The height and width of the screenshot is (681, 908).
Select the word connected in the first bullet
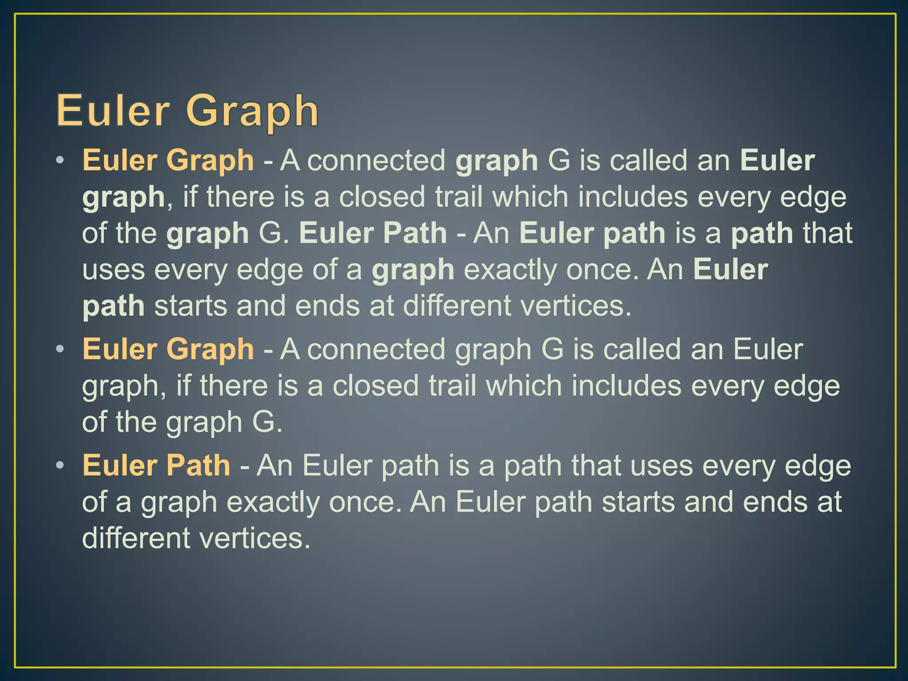(x=376, y=160)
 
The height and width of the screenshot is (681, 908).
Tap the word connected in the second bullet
(x=376, y=349)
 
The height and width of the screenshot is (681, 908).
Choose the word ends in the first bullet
(x=327, y=306)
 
